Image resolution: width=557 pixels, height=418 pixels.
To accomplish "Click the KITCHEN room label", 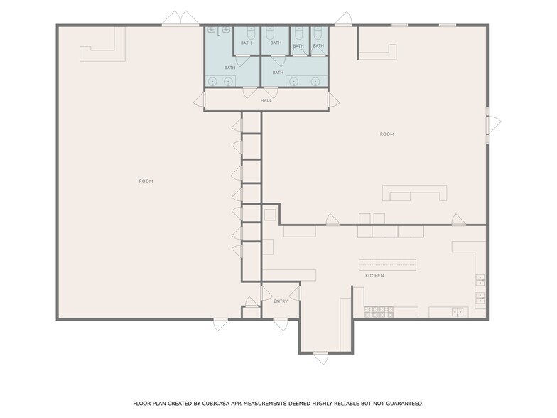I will pos(374,276).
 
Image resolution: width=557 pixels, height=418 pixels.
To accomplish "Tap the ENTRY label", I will pos(281,301).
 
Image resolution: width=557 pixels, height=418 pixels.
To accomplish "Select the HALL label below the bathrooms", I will pos(266,100).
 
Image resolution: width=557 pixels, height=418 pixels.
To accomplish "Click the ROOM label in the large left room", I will pos(146,181).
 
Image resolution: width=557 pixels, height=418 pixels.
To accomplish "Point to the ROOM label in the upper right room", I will pos(386,134).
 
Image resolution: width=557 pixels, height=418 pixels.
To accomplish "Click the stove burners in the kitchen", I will pos(379,311).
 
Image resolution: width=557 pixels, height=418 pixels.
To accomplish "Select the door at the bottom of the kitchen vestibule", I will pos(320,358).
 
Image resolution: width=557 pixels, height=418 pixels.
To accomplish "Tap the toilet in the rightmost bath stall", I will pos(318,33).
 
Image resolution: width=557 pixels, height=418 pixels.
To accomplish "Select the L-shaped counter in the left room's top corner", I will pos(103,45).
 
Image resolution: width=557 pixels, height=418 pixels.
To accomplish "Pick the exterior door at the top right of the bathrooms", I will pos(344,18).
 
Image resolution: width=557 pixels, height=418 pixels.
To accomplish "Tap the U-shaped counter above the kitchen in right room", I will pos(415,193).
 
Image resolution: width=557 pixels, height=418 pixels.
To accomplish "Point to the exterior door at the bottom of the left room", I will pos(221,325).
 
